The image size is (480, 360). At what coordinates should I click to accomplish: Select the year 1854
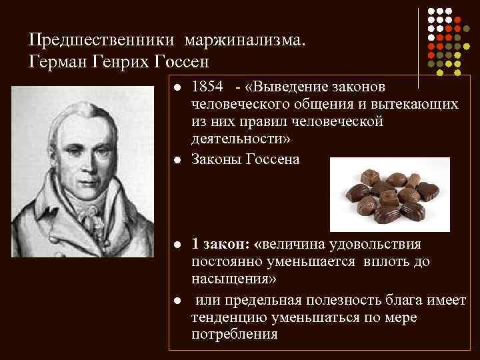pos(206,87)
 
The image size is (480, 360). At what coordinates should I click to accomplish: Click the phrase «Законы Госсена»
pos(245,159)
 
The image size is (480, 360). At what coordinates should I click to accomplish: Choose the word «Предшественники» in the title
pos(99,41)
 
